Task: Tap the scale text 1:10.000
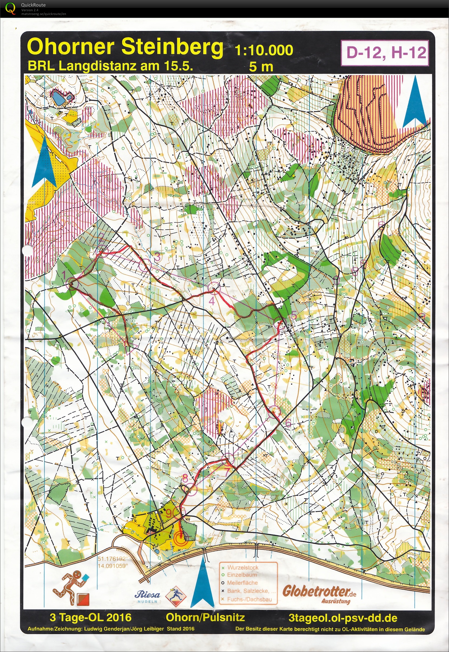pos(264,50)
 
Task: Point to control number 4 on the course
pos(213,287)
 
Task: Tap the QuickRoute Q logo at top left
pos(10,8)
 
